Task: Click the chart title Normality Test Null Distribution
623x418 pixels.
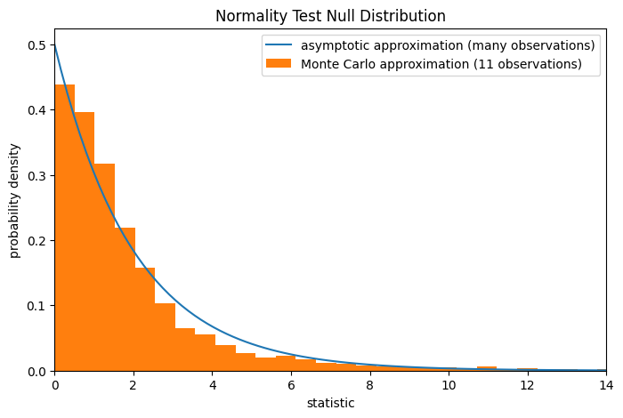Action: pyautogui.click(x=330, y=16)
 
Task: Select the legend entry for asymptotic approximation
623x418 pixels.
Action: pyautogui.click(x=448, y=45)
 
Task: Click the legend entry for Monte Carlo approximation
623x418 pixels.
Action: pyautogui.click(x=441, y=64)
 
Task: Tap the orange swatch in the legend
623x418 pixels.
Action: pyautogui.click(x=279, y=64)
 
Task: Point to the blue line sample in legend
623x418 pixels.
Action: pyautogui.click(x=279, y=45)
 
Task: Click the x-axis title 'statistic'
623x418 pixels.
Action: pyautogui.click(x=330, y=403)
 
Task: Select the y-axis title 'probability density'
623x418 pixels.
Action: pyautogui.click(x=15, y=200)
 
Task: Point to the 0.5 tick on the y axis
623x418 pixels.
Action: pyautogui.click(x=38, y=45)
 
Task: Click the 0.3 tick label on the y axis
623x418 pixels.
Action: pyautogui.click(x=38, y=175)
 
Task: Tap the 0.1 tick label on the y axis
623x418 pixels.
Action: pyautogui.click(x=38, y=306)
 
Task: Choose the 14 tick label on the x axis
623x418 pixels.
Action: pyautogui.click(x=606, y=385)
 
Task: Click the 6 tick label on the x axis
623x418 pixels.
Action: pyautogui.click(x=291, y=385)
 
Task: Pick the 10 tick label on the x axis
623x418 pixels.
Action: pyautogui.click(x=449, y=385)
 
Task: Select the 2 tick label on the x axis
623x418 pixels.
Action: pyautogui.click(x=133, y=385)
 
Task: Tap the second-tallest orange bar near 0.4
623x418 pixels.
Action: pyautogui.click(x=85, y=241)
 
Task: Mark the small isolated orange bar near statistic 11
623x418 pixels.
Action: pyautogui.click(x=487, y=368)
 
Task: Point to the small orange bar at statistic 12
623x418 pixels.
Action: pyautogui.click(x=527, y=369)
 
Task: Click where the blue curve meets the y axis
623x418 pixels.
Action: pyautogui.click(x=55, y=45)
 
